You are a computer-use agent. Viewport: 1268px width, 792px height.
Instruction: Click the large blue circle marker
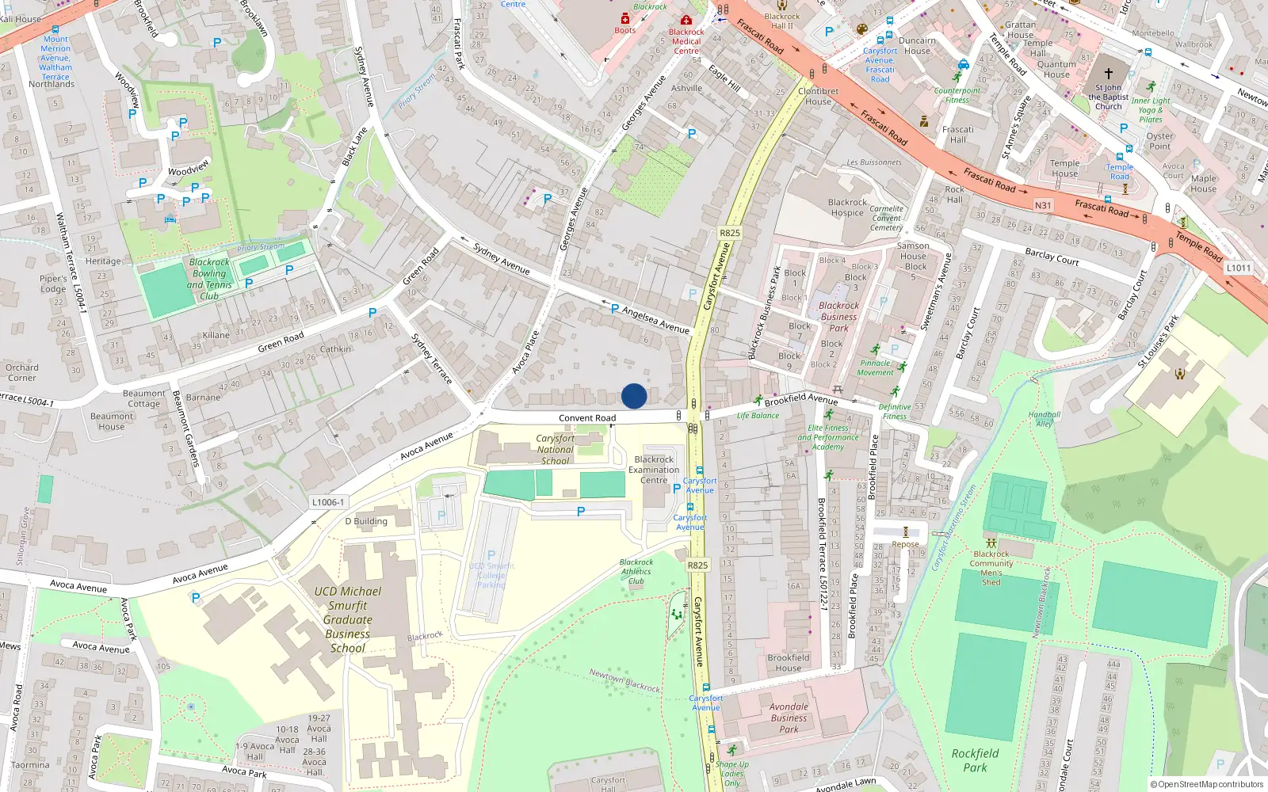(634, 396)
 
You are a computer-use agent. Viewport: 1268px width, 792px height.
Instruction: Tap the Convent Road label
(586, 418)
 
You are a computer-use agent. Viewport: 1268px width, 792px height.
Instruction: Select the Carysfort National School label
(555, 449)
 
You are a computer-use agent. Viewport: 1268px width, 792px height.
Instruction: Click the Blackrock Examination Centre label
(654, 470)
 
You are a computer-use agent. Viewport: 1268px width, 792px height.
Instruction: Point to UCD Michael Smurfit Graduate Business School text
(347, 619)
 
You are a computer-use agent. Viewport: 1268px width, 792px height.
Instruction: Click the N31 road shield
(1043, 205)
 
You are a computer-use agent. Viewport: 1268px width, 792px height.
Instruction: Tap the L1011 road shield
(1239, 268)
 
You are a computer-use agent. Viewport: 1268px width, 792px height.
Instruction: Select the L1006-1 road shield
(328, 502)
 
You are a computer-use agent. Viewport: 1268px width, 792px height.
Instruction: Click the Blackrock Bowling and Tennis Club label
(209, 279)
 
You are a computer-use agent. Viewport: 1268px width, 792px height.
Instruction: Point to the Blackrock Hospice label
(847, 208)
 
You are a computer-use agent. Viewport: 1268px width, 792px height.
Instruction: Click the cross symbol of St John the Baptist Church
(1109, 72)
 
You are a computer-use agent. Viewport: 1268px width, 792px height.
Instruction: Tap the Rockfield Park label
(975, 760)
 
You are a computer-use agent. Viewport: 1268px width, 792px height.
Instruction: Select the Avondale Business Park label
(789, 718)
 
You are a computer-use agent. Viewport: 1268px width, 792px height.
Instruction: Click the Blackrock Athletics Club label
(636, 571)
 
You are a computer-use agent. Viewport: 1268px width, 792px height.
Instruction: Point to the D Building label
(366, 521)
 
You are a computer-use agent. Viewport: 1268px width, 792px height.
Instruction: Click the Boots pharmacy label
(625, 30)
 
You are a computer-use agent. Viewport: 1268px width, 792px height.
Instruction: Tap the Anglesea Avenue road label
(655, 319)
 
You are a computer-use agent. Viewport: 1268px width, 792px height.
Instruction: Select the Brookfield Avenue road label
(800, 399)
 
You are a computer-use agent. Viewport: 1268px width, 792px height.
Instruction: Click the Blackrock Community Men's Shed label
(991, 568)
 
